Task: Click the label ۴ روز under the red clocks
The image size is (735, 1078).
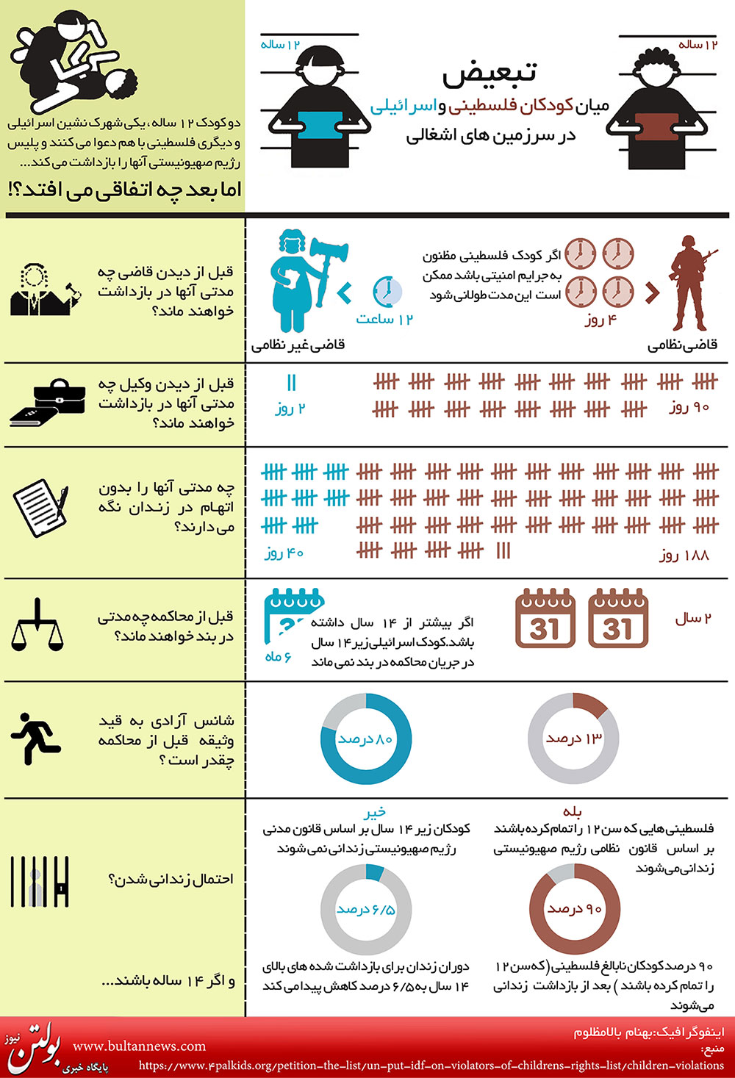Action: point(600,320)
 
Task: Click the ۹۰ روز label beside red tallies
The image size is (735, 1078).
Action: point(689,407)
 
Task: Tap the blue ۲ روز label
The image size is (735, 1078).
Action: point(290,409)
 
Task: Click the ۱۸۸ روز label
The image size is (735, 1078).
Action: point(684,555)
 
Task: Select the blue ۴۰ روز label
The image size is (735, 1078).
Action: point(284,553)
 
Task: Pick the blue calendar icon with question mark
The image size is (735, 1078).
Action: point(292,617)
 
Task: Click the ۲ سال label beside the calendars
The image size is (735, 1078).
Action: point(693,619)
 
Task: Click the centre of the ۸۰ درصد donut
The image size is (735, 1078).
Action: point(366,739)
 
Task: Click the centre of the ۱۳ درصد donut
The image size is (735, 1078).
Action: point(573,739)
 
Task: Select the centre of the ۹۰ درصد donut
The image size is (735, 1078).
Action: point(575,908)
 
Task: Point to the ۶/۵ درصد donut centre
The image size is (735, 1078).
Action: point(366,910)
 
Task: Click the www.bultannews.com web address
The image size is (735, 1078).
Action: point(140,1046)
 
